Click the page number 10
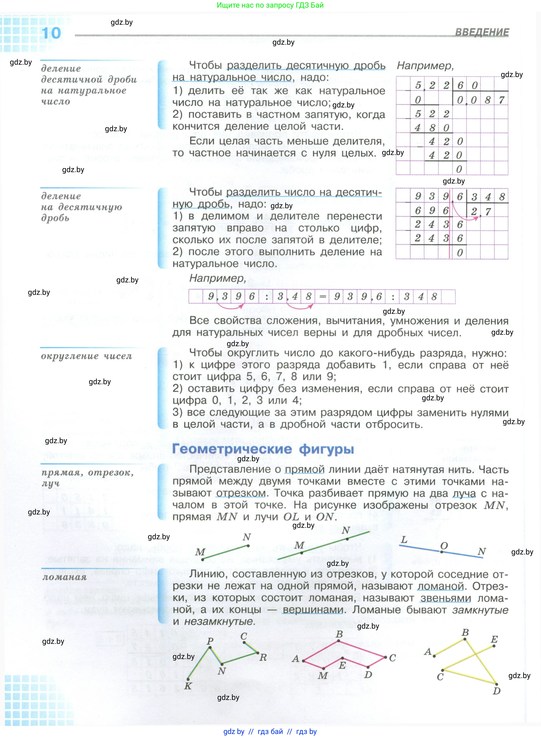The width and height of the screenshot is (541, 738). pos(51,33)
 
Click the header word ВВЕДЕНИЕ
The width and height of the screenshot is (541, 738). pos(482,32)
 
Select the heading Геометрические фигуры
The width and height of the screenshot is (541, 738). pos(263,449)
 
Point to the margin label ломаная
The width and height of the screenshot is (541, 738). pos(64,577)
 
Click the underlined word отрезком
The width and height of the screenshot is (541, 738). pos(241,493)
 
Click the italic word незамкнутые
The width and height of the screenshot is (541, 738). pos(219,621)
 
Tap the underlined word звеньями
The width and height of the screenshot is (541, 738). pos(445,598)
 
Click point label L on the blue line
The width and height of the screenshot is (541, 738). pos(404,539)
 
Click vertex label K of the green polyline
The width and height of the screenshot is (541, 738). pos(188,686)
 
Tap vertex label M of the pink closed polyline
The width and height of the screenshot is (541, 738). pos(323,675)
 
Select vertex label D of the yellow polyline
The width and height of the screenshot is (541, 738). pos(497,691)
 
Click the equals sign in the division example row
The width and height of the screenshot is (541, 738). pos(323,296)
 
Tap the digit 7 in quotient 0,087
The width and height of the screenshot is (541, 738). pos(501,100)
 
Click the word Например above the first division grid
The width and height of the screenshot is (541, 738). pos(425,66)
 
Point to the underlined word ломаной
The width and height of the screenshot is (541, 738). pos(440,586)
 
